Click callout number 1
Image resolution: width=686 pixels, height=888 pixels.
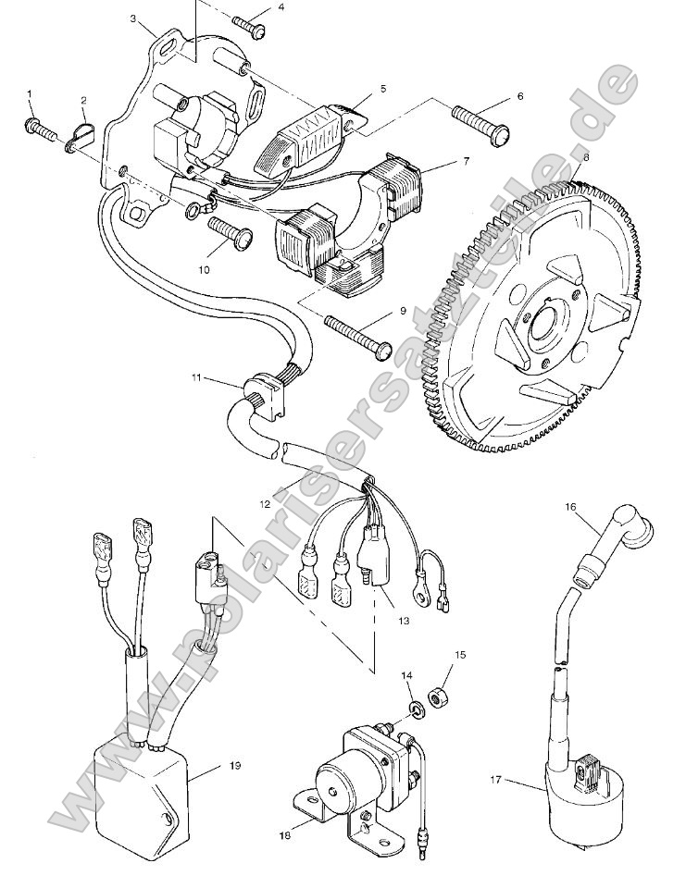[x=30, y=94]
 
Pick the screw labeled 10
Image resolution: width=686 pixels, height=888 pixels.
[x=231, y=229]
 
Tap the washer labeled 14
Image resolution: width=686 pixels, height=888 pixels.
[x=416, y=709]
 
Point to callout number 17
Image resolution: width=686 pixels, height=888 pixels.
[x=495, y=781]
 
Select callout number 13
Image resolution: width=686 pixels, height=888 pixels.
[x=402, y=621]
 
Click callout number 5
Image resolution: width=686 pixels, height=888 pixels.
[x=381, y=90]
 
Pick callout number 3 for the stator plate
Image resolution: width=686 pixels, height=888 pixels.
[x=134, y=18]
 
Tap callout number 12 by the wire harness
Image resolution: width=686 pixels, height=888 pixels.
[x=265, y=505]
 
